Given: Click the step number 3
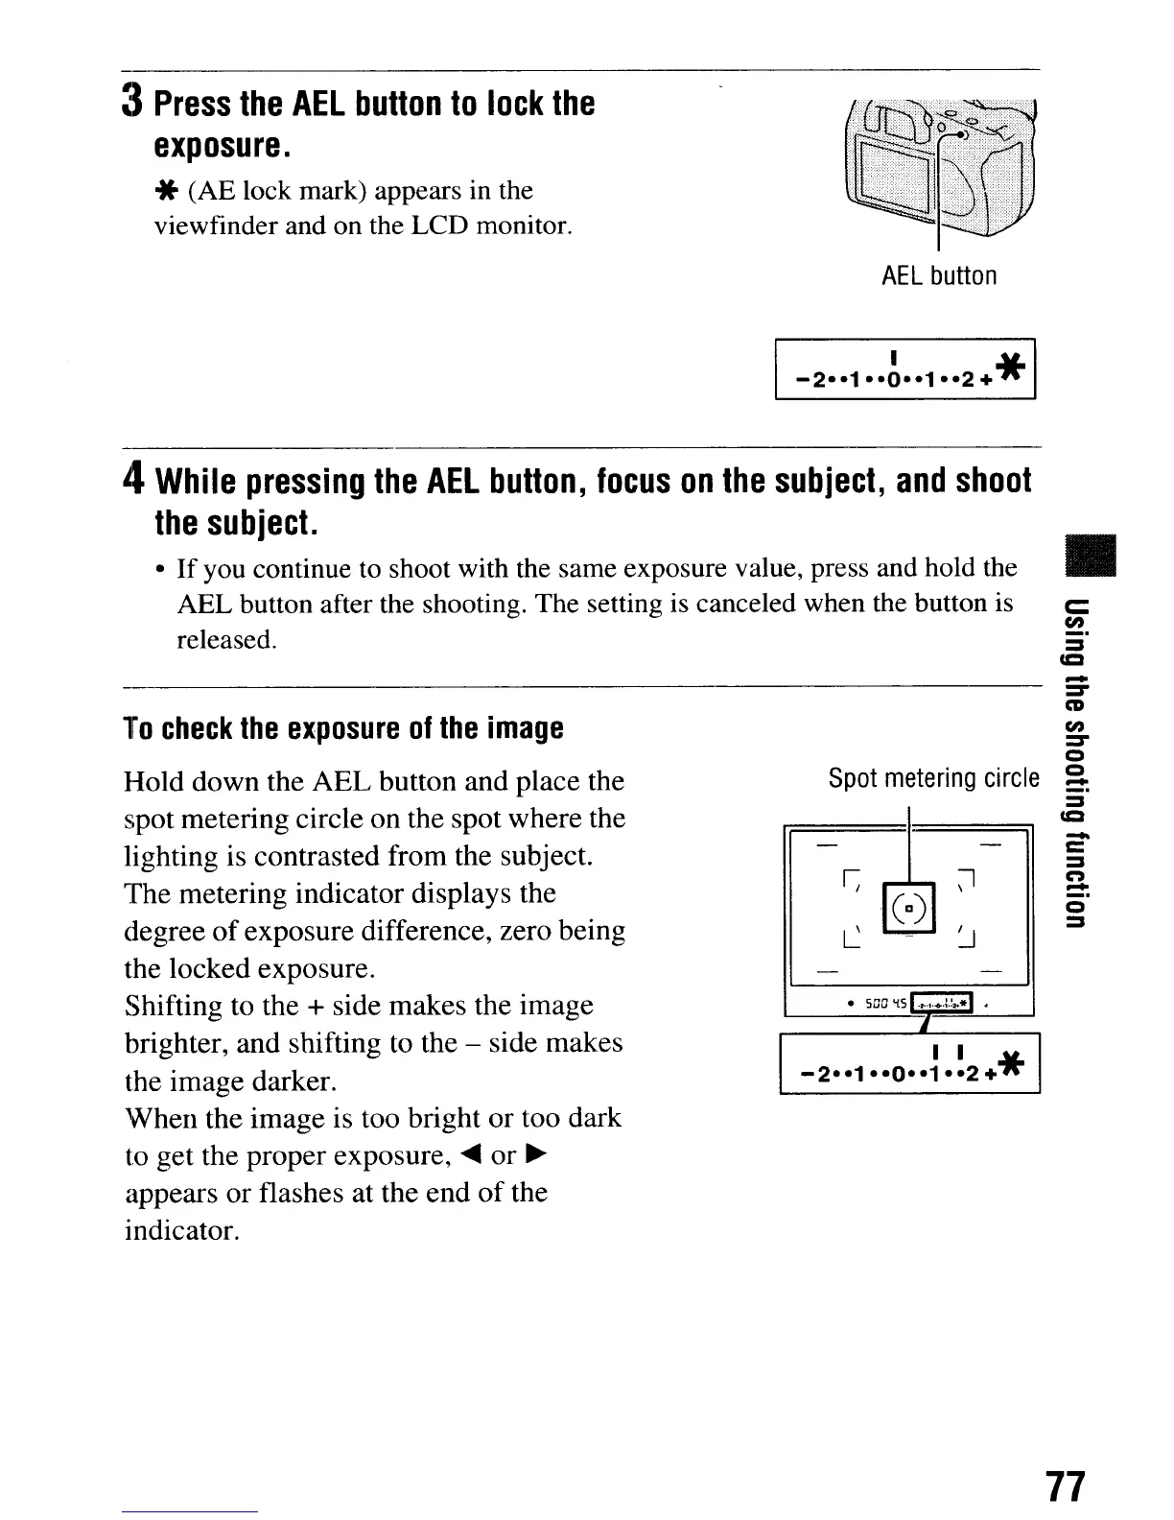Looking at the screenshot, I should point(134,102).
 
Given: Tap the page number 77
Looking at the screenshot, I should point(1065,1485).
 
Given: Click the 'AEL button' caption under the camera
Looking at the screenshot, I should point(939,276).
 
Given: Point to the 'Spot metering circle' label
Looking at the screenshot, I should point(933,777).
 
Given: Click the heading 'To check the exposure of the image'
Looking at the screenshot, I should point(343,728).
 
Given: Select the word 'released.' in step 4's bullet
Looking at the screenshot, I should point(226,640).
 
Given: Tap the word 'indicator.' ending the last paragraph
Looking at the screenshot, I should point(181,1230).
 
